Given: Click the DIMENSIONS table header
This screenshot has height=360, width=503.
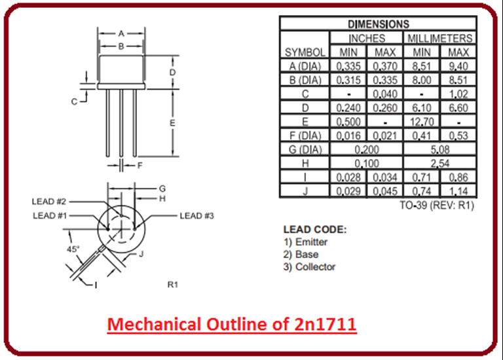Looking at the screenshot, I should pos(377,24).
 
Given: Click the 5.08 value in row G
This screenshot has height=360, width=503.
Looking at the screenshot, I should pos(440,149).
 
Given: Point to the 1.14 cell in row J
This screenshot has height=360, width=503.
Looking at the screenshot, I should pos(459,191).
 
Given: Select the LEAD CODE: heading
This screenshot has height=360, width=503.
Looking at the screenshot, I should pos(314,230).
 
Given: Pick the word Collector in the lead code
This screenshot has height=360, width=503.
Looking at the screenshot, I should pos(315,266).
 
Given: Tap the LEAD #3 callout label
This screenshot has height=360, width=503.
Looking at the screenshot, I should pos(196,215).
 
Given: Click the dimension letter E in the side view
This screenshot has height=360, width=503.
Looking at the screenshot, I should pos(172,123).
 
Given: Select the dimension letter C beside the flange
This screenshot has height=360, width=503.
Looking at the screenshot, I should pos(75,101).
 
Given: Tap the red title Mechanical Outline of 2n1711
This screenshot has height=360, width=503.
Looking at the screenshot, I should pos(232,324).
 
